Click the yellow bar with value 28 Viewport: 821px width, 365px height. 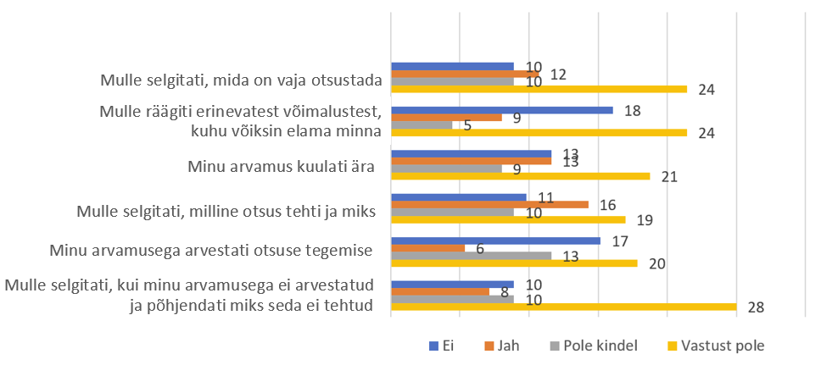[x=563, y=307]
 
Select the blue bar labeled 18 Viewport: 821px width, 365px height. [x=501, y=110]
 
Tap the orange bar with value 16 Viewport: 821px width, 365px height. [x=489, y=204]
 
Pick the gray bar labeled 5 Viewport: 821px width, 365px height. [x=422, y=125]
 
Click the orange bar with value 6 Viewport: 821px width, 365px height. [x=427, y=248]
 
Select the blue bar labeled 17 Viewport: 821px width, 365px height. [x=495, y=241]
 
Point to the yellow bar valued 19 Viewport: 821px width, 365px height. [x=508, y=219]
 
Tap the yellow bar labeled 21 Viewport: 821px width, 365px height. [x=520, y=176]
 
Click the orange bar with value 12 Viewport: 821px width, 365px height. [x=465, y=74]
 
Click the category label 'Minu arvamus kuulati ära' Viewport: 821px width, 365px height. [x=281, y=166]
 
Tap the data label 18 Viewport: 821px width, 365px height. [x=633, y=110]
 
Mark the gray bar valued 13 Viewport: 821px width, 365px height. [x=471, y=256]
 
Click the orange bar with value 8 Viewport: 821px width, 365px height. [x=440, y=291]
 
